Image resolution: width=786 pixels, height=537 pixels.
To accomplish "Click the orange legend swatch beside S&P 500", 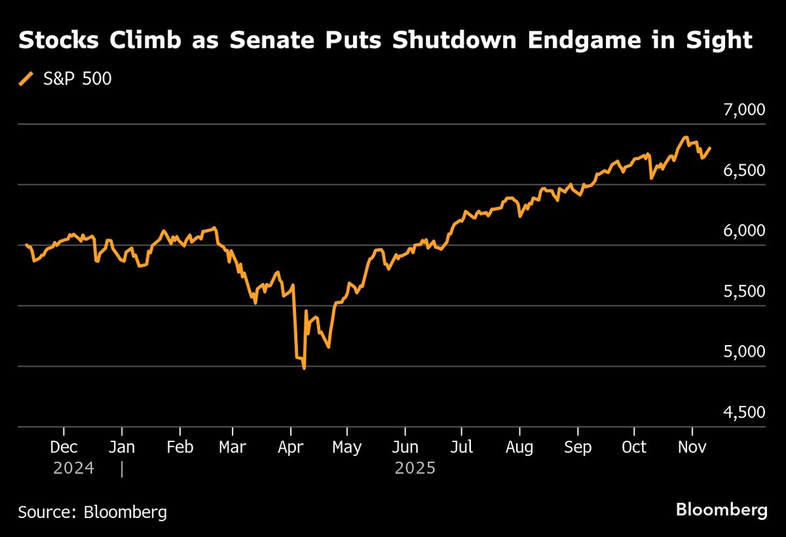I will click(26, 79).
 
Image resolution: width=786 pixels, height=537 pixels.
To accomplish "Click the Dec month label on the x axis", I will click(64, 447).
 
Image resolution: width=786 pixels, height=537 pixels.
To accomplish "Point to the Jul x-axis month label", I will click(462, 447).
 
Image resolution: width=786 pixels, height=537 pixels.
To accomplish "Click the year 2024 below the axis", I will click(74, 469).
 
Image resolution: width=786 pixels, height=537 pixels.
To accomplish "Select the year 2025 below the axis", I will click(415, 469).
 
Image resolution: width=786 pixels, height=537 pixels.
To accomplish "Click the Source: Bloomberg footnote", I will click(92, 511).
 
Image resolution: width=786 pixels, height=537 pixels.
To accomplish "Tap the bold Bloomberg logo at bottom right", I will click(721, 510).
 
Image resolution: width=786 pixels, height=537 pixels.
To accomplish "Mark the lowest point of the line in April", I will click(305, 369).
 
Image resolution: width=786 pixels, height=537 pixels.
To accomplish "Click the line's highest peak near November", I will click(685, 138).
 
